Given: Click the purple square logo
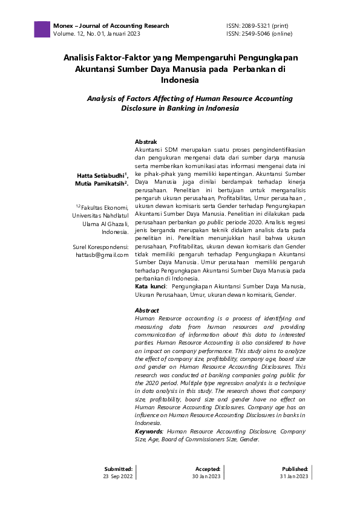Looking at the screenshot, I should pyautogui.click(x=42, y=30).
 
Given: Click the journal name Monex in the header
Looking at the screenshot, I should pyautogui.click(x=63, y=26).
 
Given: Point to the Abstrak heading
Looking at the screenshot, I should pyautogui.click(x=146, y=141).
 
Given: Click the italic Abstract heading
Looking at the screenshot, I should pyautogui.click(x=147, y=310).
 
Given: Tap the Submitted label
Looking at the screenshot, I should pyautogui.click(x=118, y=468).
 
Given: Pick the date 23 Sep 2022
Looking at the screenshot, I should pyautogui.click(x=118, y=476).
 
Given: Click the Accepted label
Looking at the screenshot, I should pyautogui.click(x=208, y=468).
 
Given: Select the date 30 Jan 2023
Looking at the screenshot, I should pyautogui.click(x=206, y=476).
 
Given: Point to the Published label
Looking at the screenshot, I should pyautogui.click(x=295, y=468).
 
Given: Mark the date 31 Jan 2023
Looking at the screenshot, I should pyautogui.click(x=293, y=476).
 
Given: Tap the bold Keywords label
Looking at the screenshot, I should pyautogui.click(x=148, y=432).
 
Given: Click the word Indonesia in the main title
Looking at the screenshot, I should pyautogui.click(x=180, y=80).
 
